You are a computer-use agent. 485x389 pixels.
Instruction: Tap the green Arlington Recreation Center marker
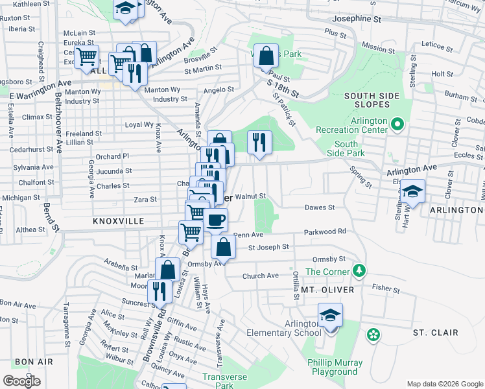tap(398, 123)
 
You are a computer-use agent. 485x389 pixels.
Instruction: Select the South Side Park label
tap(346, 148)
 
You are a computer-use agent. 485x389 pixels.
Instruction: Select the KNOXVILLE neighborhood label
tap(119, 221)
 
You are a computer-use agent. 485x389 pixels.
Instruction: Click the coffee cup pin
tap(215, 220)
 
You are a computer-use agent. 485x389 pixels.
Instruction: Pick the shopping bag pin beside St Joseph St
tap(224, 247)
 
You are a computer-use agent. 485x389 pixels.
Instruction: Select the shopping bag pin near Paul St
tap(266, 56)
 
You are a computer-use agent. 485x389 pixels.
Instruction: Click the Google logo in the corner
tap(21, 381)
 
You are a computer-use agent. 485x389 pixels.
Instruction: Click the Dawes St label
tap(320, 207)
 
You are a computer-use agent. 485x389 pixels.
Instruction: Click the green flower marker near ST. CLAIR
tap(373, 335)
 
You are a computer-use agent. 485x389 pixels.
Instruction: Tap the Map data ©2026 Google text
tap(445, 384)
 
